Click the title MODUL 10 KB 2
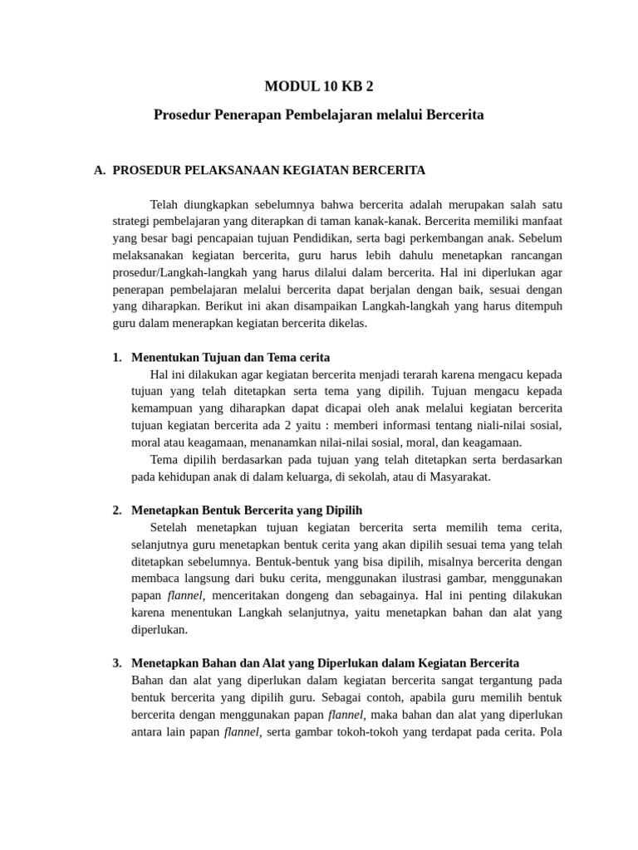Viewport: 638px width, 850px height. [x=319, y=86]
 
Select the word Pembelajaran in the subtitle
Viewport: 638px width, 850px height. [x=325, y=115]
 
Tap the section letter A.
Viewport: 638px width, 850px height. [x=99, y=170]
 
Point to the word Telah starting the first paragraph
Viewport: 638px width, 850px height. [x=164, y=204]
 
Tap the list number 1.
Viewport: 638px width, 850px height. [x=116, y=358]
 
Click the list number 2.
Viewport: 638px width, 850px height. [x=116, y=510]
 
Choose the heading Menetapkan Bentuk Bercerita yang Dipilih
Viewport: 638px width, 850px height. [x=247, y=510]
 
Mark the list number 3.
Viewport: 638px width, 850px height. [x=116, y=663]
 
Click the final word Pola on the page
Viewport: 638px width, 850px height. [x=550, y=731]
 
